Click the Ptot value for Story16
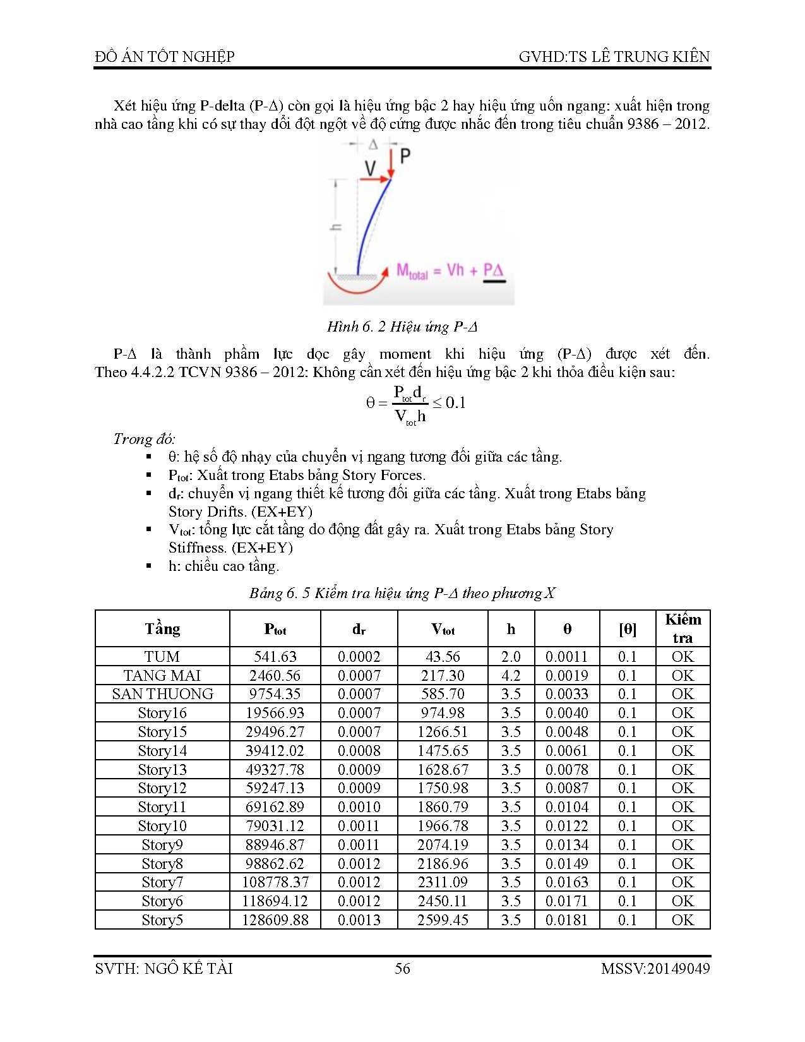(275, 713)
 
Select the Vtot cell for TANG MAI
(443, 676)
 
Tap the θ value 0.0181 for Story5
(566, 920)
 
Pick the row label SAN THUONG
(163, 694)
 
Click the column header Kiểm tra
(683, 628)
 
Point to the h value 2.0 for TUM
(511, 657)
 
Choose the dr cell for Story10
(359, 826)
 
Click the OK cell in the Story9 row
(683, 845)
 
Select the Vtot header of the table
(443, 629)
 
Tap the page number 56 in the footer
(402, 969)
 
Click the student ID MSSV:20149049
(655, 969)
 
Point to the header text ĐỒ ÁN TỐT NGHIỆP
(165, 57)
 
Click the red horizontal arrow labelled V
(374, 179)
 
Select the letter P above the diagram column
(405, 155)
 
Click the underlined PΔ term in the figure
(493, 271)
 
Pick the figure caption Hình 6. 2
(402, 326)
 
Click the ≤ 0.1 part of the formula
(449, 403)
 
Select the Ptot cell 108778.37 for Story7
(275, 882)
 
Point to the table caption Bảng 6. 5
(402, 593)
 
